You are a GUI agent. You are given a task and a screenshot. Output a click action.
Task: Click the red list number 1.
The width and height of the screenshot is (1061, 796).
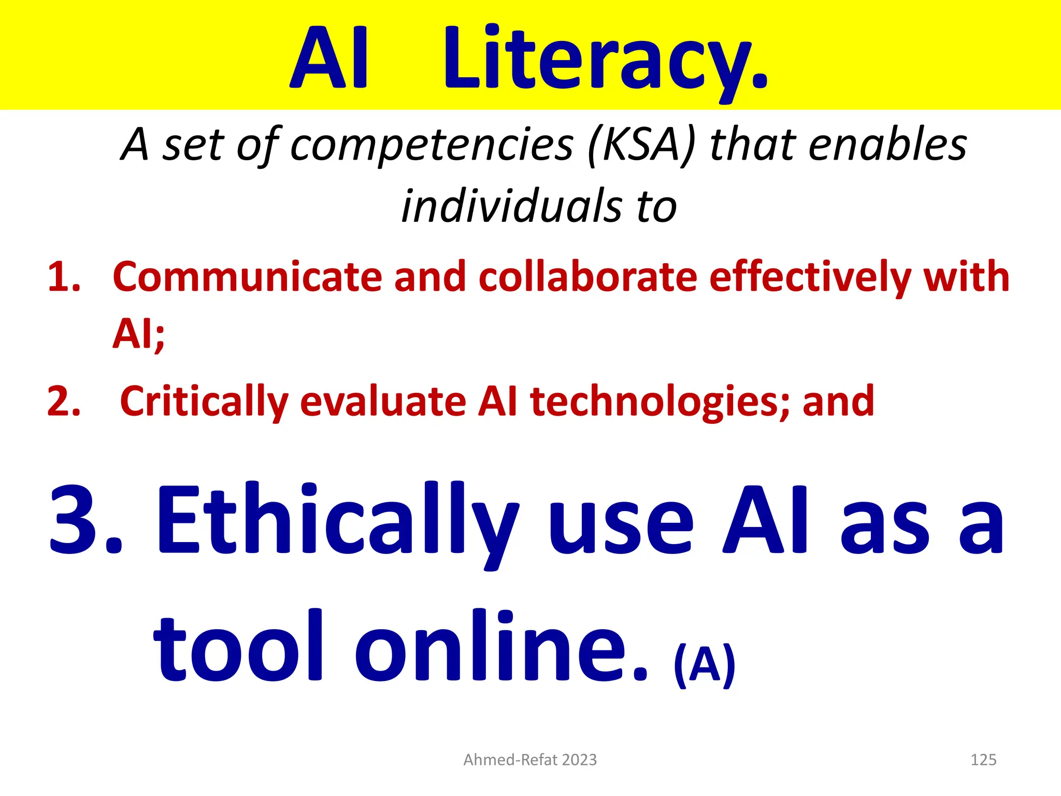click(63, 277)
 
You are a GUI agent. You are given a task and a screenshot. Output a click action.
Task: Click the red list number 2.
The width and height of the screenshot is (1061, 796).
click(63, 402)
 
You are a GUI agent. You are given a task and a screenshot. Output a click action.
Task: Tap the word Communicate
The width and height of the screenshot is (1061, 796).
click(247, 277)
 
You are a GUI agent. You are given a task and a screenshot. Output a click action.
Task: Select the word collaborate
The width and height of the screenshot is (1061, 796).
click(587, 277)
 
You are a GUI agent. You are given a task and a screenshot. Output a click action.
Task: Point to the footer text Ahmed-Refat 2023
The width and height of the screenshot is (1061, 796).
click(530, 760)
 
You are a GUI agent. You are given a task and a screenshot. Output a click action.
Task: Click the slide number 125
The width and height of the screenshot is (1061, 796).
click(983, 760)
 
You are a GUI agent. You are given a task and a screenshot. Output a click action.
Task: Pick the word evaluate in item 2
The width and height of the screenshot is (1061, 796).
click(383, 402)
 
